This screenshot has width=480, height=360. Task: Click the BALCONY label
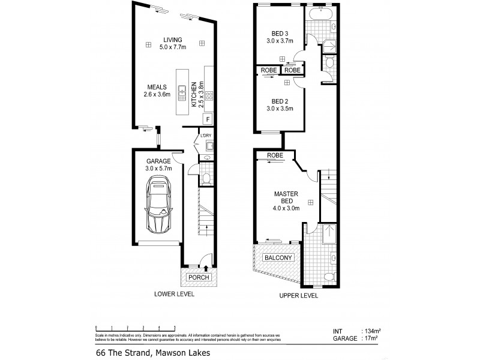277,258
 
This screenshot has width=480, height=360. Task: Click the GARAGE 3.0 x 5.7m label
158,165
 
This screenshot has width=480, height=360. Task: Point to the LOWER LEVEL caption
174,295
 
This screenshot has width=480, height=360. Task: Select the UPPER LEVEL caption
298,296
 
